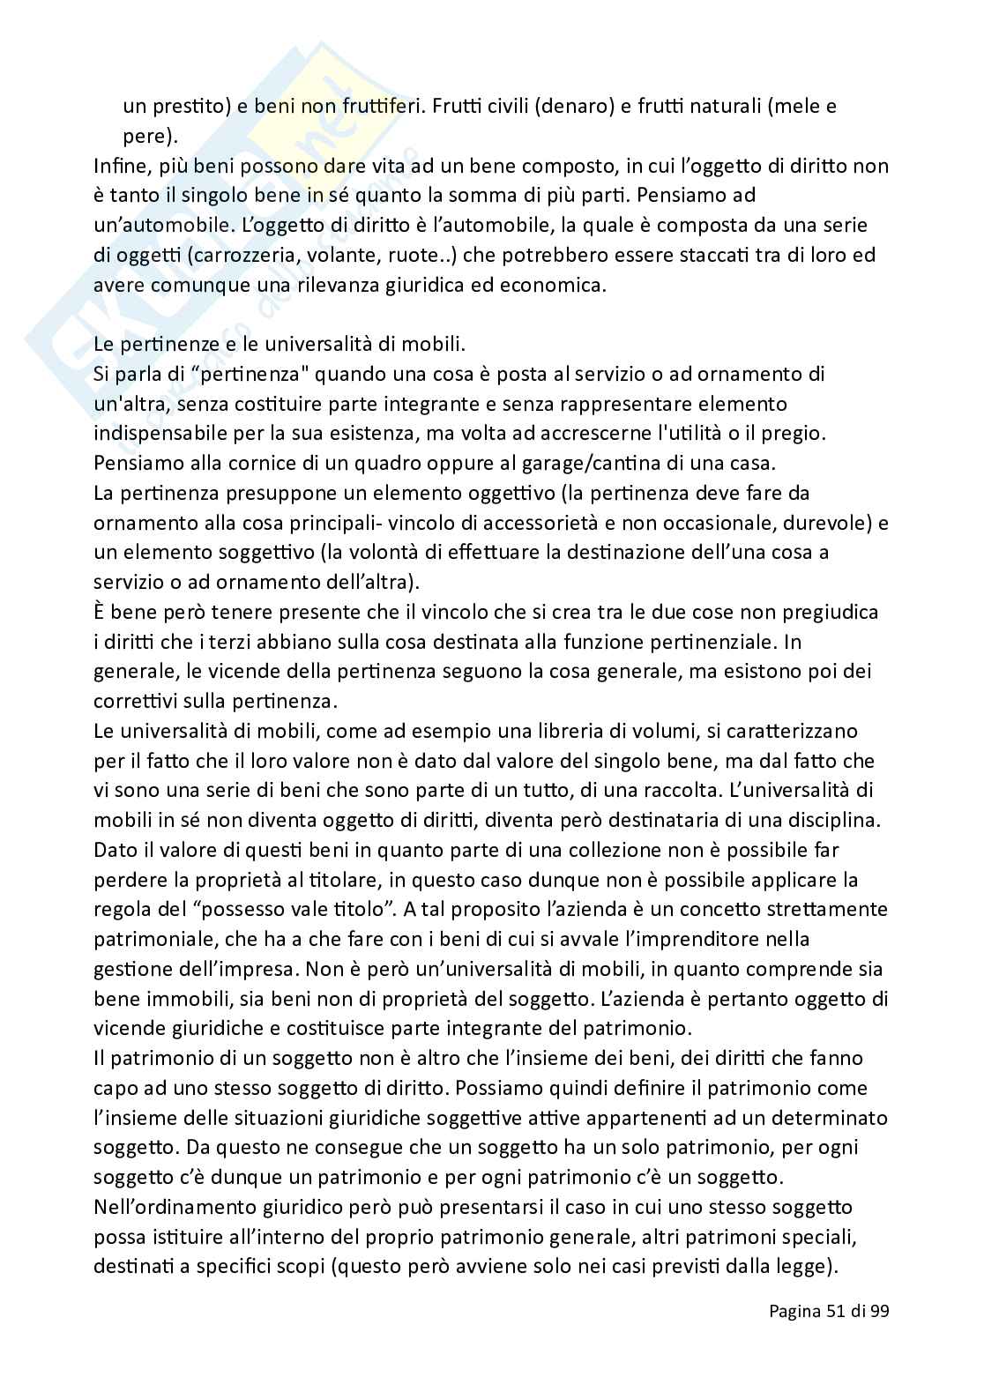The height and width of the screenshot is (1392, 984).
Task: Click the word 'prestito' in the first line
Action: pyautogui.click(x=183, y=107)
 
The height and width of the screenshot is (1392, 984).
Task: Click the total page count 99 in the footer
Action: pyautogui.click(x=878, y=1336)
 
